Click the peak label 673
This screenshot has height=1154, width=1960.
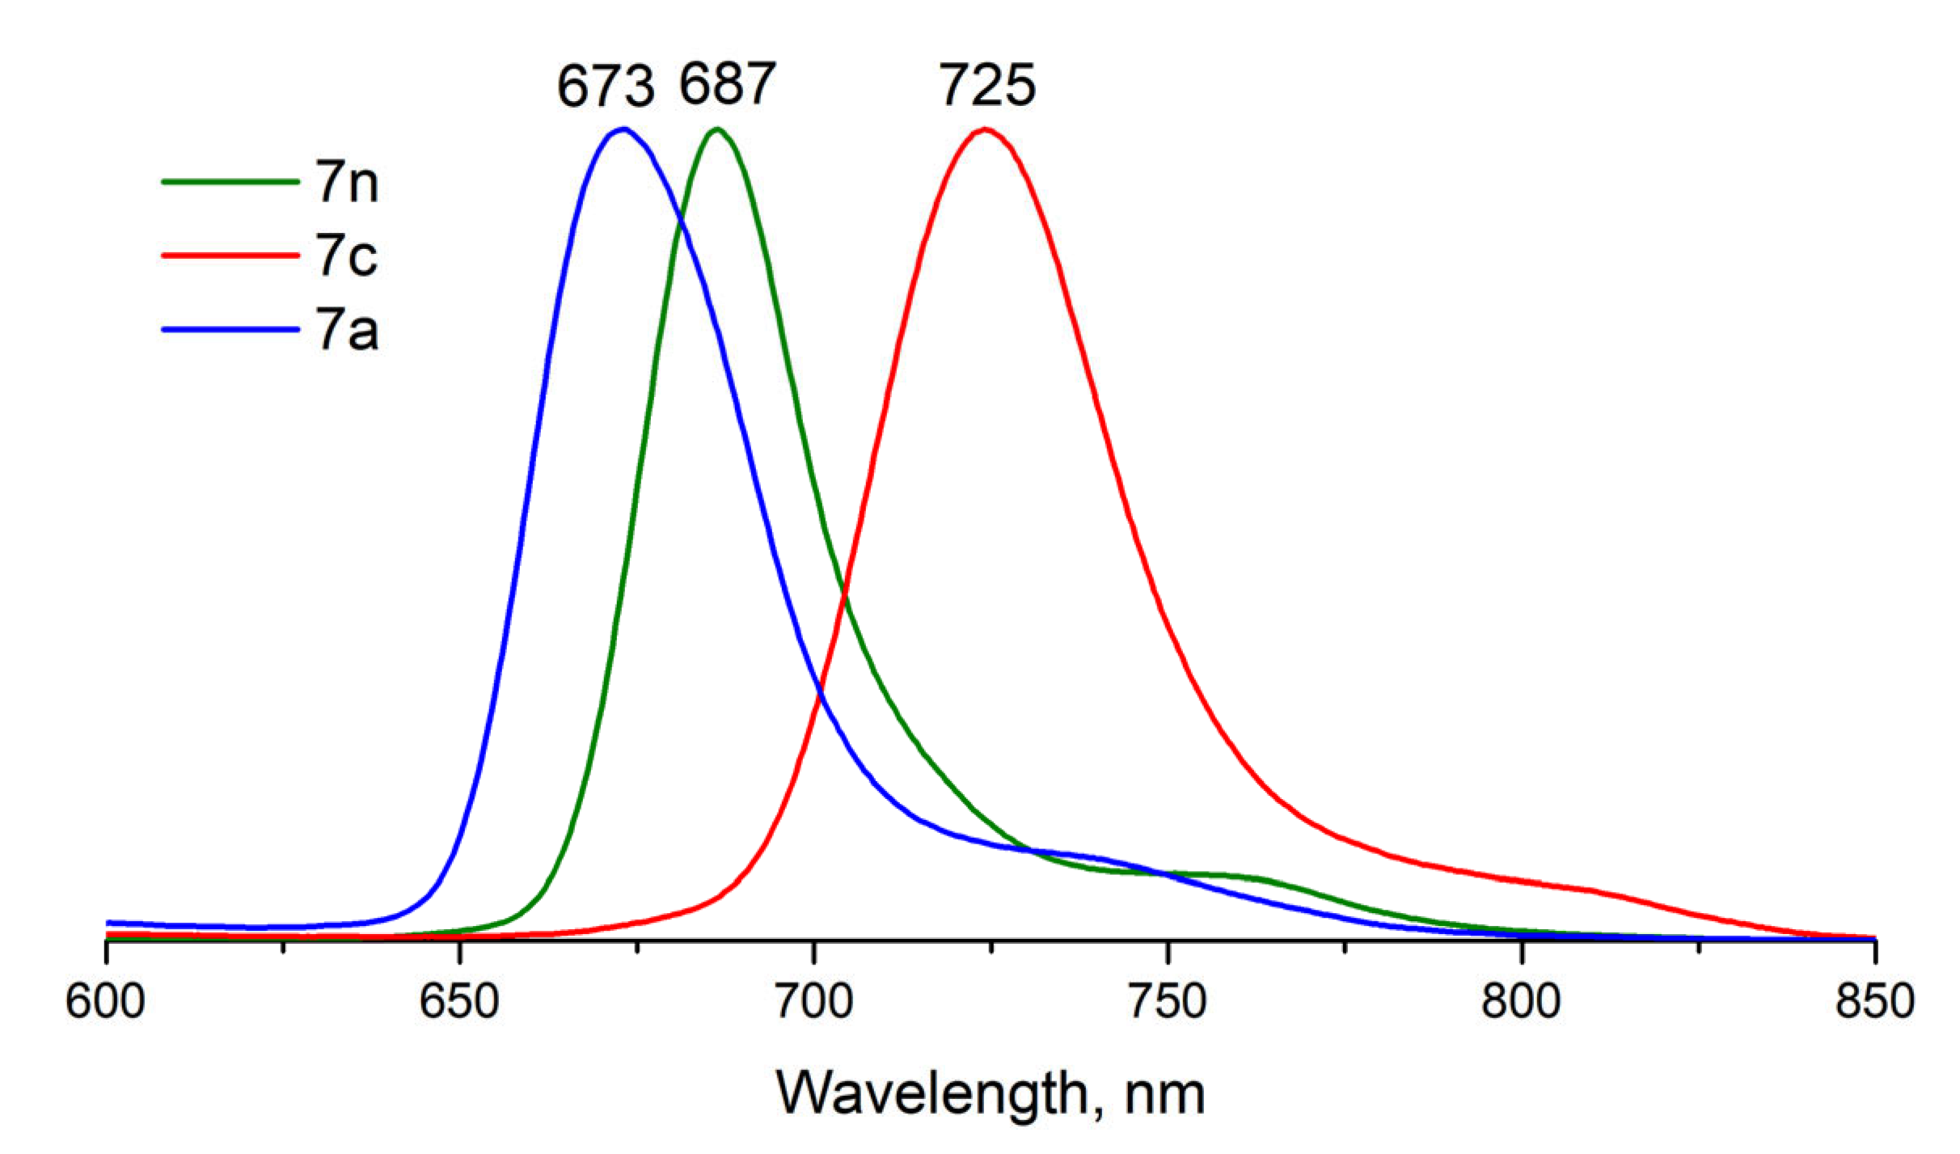[x=606, y=87]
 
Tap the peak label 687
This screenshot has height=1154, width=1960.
[x=727, y=84]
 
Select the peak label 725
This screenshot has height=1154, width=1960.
[x=986, y=86]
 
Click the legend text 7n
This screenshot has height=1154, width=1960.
[x=347, y=183]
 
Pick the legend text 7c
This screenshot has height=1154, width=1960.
[x=347, y=256]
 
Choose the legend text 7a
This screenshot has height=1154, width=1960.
[x=347, y=330]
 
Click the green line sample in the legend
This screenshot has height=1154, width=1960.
[x=230, y=182]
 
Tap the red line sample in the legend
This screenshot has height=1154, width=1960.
[x=230, y=256]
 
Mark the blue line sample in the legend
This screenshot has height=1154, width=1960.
[x=230, y=329]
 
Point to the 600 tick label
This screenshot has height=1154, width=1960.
[x=105, y=1001]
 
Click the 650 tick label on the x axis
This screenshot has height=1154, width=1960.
[x=459, y=1001]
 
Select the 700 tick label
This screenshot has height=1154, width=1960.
[x=813, y=1001]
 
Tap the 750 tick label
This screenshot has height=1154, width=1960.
[x=1168, y=1001]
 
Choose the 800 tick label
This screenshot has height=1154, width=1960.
[x=1521, y=1001]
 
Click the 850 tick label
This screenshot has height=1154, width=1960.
[x=1874, y=1001]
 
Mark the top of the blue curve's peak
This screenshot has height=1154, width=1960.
[x=623, y=129]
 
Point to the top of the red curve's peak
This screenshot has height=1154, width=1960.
[x=985, y=129]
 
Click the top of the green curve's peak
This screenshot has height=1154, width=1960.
[x=716, y=129]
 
